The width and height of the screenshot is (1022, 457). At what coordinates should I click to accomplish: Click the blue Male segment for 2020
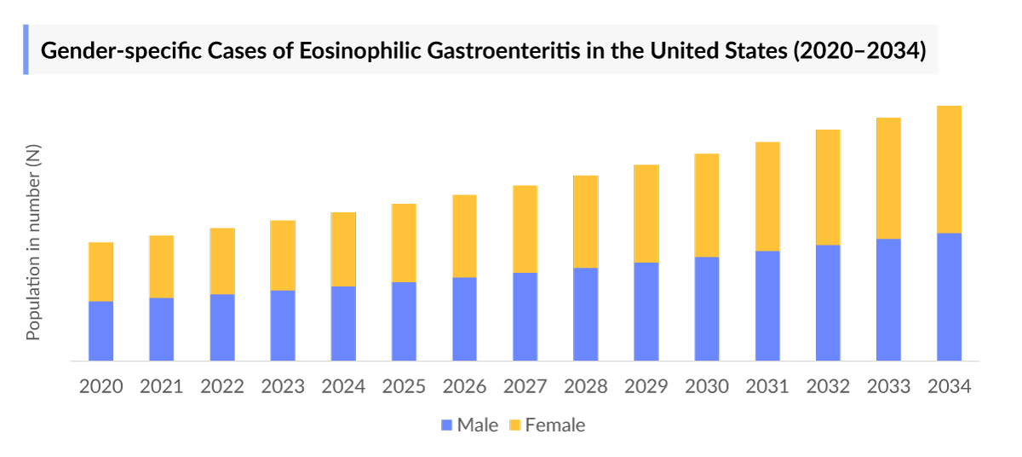pos(100,331)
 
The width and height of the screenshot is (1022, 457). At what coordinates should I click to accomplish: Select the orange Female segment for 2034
pos(949,169)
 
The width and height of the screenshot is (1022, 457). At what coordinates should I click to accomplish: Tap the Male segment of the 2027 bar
pos(525,316)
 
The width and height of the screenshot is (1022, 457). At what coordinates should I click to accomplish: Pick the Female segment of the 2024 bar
pos(343,249)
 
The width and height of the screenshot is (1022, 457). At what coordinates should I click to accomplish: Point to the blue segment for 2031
pos(767,305)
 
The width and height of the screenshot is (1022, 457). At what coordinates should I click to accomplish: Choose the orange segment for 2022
pos(222,261)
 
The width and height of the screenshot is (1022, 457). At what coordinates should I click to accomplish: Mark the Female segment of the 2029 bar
pos(646,213)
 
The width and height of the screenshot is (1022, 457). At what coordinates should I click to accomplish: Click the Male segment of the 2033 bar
pos(888,299)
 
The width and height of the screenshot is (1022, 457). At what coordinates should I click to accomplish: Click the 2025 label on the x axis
pos(404,386)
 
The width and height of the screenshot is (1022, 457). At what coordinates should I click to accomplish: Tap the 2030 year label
pos(707,386)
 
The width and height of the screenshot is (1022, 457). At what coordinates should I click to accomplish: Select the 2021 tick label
pos(162,386)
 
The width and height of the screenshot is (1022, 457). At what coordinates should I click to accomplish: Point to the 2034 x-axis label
pos(949,386)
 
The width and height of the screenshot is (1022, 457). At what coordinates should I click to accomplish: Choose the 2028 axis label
pos(586,386)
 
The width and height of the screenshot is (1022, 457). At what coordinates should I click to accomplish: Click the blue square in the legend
pos(446,425)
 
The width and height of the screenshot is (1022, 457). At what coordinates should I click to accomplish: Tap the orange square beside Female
pos(514,425)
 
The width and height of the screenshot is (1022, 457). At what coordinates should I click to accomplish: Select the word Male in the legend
pos(477,425)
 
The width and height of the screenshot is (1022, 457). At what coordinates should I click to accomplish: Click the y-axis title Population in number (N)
pos(33,243)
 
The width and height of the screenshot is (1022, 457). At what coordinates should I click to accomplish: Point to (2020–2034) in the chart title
pos(858,50)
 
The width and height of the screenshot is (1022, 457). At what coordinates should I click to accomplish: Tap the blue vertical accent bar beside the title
pos(26,49)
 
